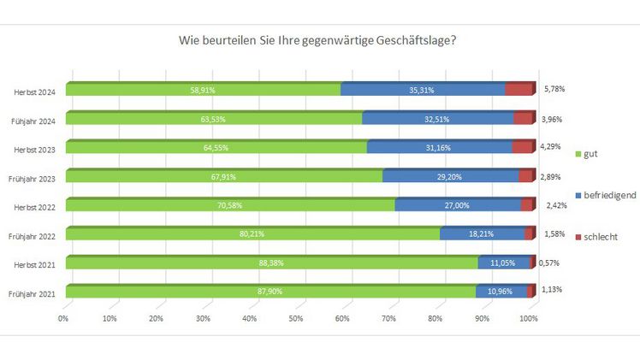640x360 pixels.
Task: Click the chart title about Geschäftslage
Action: pyautogui.click(x=317, y=39)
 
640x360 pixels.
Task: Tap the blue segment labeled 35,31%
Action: pyautogui.click(x=423, y=90)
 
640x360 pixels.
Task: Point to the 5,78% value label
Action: pyautogui.click(x=554, y=89)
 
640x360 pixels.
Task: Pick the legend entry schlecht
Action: pyautogui.click(x=599, y=236)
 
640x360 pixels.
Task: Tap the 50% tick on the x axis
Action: pyautogui.click(x=295, y=318)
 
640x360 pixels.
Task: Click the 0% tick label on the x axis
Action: pyautogui.click(x=63, y=318)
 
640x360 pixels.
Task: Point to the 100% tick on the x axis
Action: pyautogui.click(x=528, y=318)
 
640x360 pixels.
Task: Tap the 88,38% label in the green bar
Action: pyautogui.click(x=271, y=264)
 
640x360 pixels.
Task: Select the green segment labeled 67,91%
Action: pyautogui.click(x=224, y=177)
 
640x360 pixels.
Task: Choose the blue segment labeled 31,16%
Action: pyautogui.click(x=439, y=148)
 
